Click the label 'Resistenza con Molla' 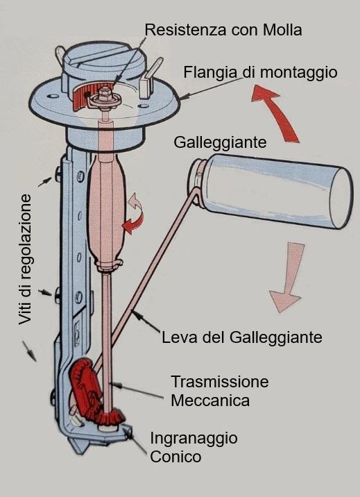(x=223, y=30)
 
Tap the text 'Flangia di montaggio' (x=260, y=73)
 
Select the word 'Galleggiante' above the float (x=220, y=142)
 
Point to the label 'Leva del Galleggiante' (x=242, y=337)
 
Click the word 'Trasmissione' (x=220, y=382)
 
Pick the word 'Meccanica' (x=210, y=401)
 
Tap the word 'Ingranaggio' (x=194, y=439)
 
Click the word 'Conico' (x=175, y=457)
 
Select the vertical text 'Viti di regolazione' (x=26, y=260)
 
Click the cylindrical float (x=271, y=191)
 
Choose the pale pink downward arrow (x=287, y=278)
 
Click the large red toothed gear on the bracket (x=85, y=387)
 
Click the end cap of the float (x=341, y=198)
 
